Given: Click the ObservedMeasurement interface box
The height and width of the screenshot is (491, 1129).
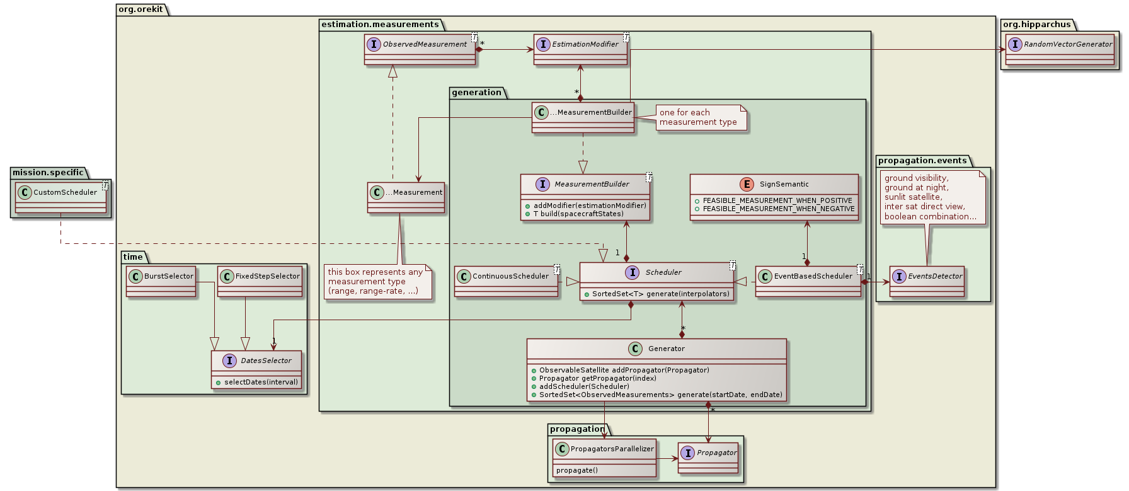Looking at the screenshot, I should coord(420,49).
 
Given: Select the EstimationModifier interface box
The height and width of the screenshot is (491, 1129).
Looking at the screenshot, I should coord(580,49).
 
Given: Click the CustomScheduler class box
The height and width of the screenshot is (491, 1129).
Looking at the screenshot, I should coord(60,197).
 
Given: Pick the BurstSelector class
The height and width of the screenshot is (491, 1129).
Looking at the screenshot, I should coord(161,280).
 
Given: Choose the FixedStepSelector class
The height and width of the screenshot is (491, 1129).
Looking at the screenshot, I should coord(260,280).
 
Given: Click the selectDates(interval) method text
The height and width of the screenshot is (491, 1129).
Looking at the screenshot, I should coord(261,382).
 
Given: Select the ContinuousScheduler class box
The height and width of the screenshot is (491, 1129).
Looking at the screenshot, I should coord(507,280).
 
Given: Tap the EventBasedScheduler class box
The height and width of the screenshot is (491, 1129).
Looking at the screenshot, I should coord(808,280).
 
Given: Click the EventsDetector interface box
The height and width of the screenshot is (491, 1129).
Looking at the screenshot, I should coord(927,280).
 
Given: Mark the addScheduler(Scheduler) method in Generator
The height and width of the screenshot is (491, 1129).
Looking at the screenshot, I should coord(584,386).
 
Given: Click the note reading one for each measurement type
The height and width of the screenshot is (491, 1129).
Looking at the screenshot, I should coord(701,117).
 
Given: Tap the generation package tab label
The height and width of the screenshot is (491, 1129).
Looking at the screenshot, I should coord(476,93).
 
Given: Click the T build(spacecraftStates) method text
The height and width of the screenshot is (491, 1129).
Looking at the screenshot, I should coord(578,214).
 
